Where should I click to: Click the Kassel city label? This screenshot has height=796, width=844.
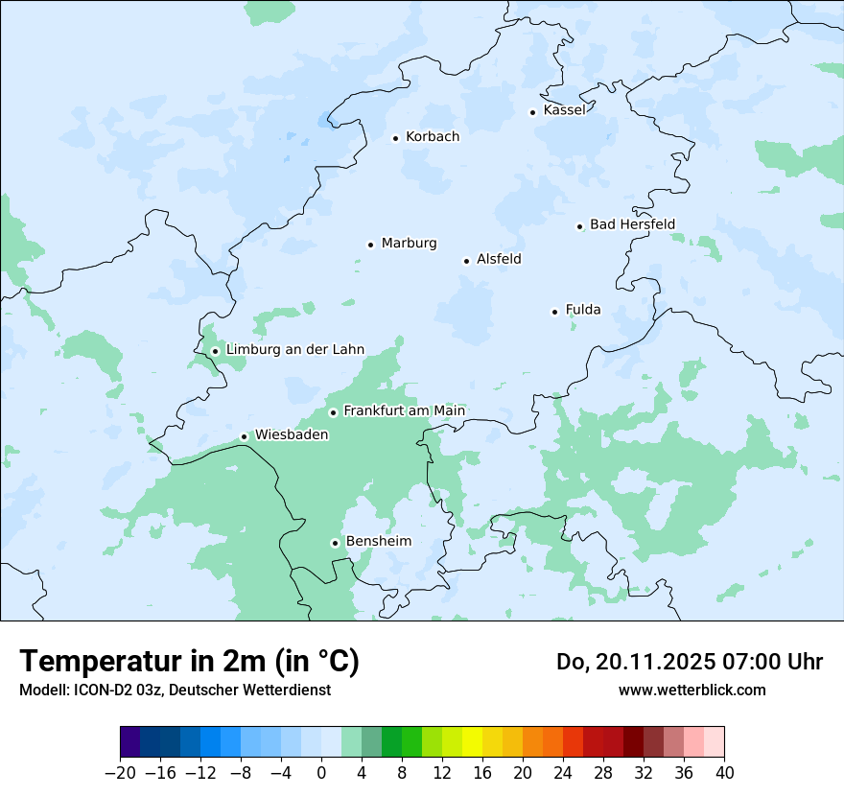pos(564,110)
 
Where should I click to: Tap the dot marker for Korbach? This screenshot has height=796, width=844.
pos(395,138)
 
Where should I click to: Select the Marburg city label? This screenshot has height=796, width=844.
pos(409,244)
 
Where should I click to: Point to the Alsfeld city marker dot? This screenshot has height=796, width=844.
pos(467,261)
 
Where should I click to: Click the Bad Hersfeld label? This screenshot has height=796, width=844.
pos(632,224)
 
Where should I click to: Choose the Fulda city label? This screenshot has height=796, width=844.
pos(583,310)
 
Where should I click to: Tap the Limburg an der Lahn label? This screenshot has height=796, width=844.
pos(294,350)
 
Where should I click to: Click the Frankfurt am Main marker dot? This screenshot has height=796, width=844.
pos(334,412)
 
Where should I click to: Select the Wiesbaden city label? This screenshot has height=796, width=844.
pos(292,435)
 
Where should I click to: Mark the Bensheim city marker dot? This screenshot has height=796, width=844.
pos(335,543)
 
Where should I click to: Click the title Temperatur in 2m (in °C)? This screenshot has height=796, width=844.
pos(190,662)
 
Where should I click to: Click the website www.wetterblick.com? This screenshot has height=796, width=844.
pos(692,691)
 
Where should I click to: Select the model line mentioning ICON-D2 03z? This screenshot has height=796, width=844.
pos(175,691)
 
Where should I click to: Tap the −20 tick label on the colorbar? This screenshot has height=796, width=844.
pos(120,772)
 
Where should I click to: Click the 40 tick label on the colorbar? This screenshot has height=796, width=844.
pos(724,772)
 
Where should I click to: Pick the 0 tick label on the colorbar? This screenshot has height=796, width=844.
pos(321,772)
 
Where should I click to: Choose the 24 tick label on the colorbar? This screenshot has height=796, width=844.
pos(563,772)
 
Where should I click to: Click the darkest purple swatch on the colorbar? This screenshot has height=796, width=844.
pos(130,742)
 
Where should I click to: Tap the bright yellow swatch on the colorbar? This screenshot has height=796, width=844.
pos(472,742)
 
